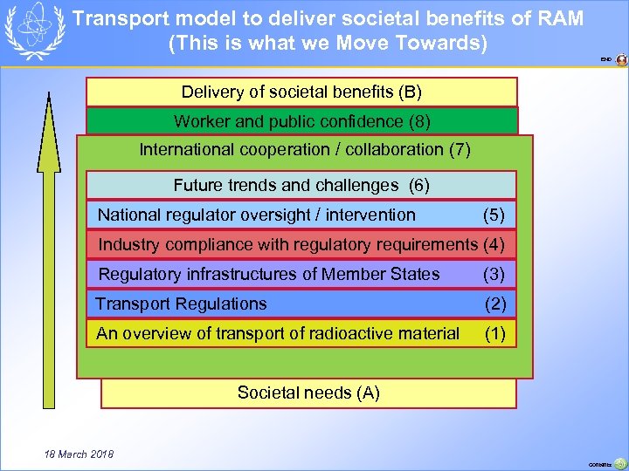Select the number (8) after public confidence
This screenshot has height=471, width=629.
pos(418,121)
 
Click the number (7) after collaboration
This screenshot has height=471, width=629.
pos(459,149)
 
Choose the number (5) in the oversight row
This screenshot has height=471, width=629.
pos(494,215)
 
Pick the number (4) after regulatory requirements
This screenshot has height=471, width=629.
pos(494,244)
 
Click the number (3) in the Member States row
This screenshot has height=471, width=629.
pos(494,274)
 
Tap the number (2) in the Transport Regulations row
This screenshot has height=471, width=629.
pos(495,304)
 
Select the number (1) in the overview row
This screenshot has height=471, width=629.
pos(495,333)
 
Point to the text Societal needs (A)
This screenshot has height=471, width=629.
pos(308,392)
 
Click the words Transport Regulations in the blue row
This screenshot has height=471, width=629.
pos(181,304)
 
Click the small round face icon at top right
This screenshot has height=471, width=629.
pos(621,60)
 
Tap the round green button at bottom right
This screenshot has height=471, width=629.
pos(619,464)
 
